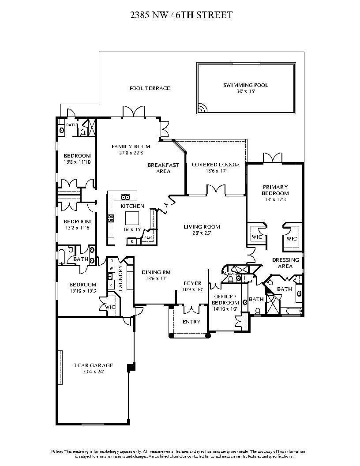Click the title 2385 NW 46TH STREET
[x=181, y=15]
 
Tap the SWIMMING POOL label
[x=245, y=85]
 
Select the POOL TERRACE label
[x=150, y=88]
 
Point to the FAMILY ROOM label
[x=131, y=147]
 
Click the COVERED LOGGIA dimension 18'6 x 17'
[x=215, y=171]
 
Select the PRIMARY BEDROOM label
[x=275, y=190]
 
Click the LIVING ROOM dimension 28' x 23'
[x=202, y=233]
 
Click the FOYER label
[x=192, y=283]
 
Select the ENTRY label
[x=191, y=322]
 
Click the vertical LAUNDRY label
[x=120, y=278]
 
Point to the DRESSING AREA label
[x=285, y=263]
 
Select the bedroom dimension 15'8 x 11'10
[x=77, y=162]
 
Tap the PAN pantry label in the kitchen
[x=148, y=238]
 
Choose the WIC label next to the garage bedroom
[x=110, y=307]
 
